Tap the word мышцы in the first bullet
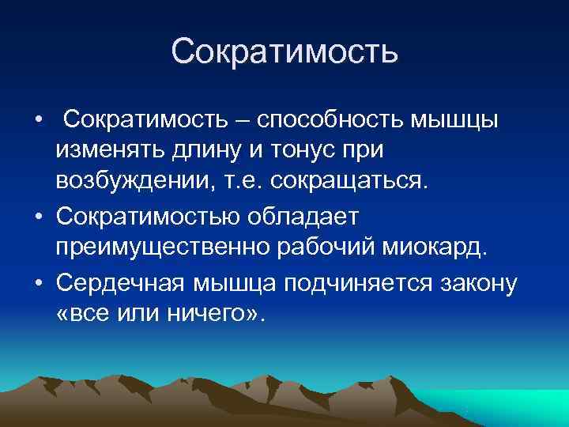click(458, 120)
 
